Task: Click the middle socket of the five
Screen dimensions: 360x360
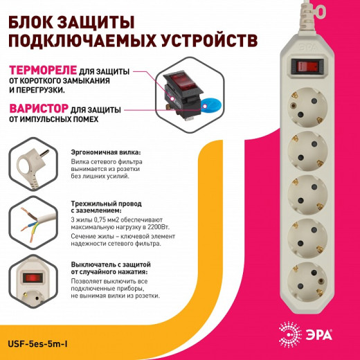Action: [x=305, y=190]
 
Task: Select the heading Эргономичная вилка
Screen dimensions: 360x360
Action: [x=106, y=151]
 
